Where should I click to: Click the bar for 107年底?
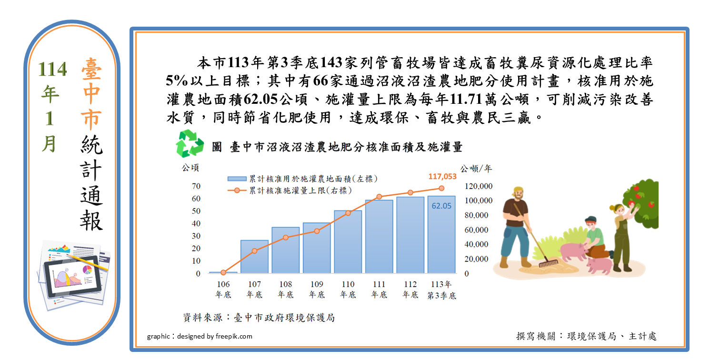tap(255, 257)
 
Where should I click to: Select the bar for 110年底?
tap(348, 242)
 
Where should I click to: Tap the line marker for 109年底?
tap(317, 231)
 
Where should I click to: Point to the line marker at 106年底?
tap(223, 272)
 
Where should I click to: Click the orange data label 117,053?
tap(442, 177)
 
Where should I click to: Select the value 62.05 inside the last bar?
tap(441, 206)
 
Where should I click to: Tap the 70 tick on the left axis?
tap(196, 186)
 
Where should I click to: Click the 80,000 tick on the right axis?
tap(476, 215)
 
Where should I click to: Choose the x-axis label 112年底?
tap(410, 290)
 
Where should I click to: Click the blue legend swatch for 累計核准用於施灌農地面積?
tap(237, 179)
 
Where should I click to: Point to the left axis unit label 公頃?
tap(190, 168)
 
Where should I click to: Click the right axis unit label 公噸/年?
tap(476, 169)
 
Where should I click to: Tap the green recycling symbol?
tap(190, 143)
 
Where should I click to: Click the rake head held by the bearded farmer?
tap(549, 263)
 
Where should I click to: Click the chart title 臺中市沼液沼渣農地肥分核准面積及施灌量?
tap(346, 147)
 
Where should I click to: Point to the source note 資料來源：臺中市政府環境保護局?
tap(259, 318)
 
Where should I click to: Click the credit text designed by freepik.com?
tap(215, 336)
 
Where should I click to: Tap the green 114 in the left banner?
tap(52, 69)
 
